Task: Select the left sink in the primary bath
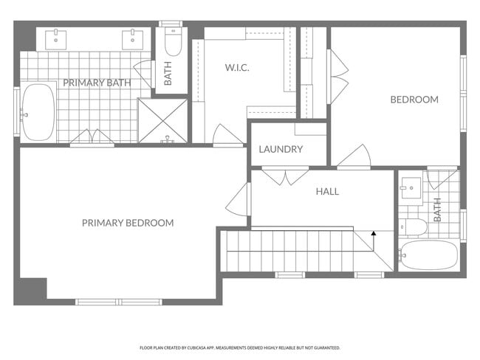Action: click(x=56, y=38)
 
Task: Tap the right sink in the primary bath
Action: click(x=133, y=38)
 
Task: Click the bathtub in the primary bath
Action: click(x=38, y=112)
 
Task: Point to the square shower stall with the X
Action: click(x=163, y=120)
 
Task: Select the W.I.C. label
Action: click(x=237, y=68)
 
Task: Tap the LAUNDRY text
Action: click(x=281, y=150)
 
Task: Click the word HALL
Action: click(x=327, y=192)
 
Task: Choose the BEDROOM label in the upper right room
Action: click(x=414, y=100)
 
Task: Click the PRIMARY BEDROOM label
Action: click(x=128, y=223)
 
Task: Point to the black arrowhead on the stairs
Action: click(x=374, y=233)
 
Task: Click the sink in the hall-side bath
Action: click(x=411, y=188)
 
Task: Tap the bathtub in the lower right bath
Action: click(x=428, y=255)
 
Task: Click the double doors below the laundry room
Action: click(x=286, y=177)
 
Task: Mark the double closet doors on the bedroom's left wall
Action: click(x=337, y=76)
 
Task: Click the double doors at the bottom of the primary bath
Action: click(x=92, y=138)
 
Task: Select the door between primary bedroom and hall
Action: click(x=239, y=199)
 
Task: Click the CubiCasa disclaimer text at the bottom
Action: click(x=239, y=347)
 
